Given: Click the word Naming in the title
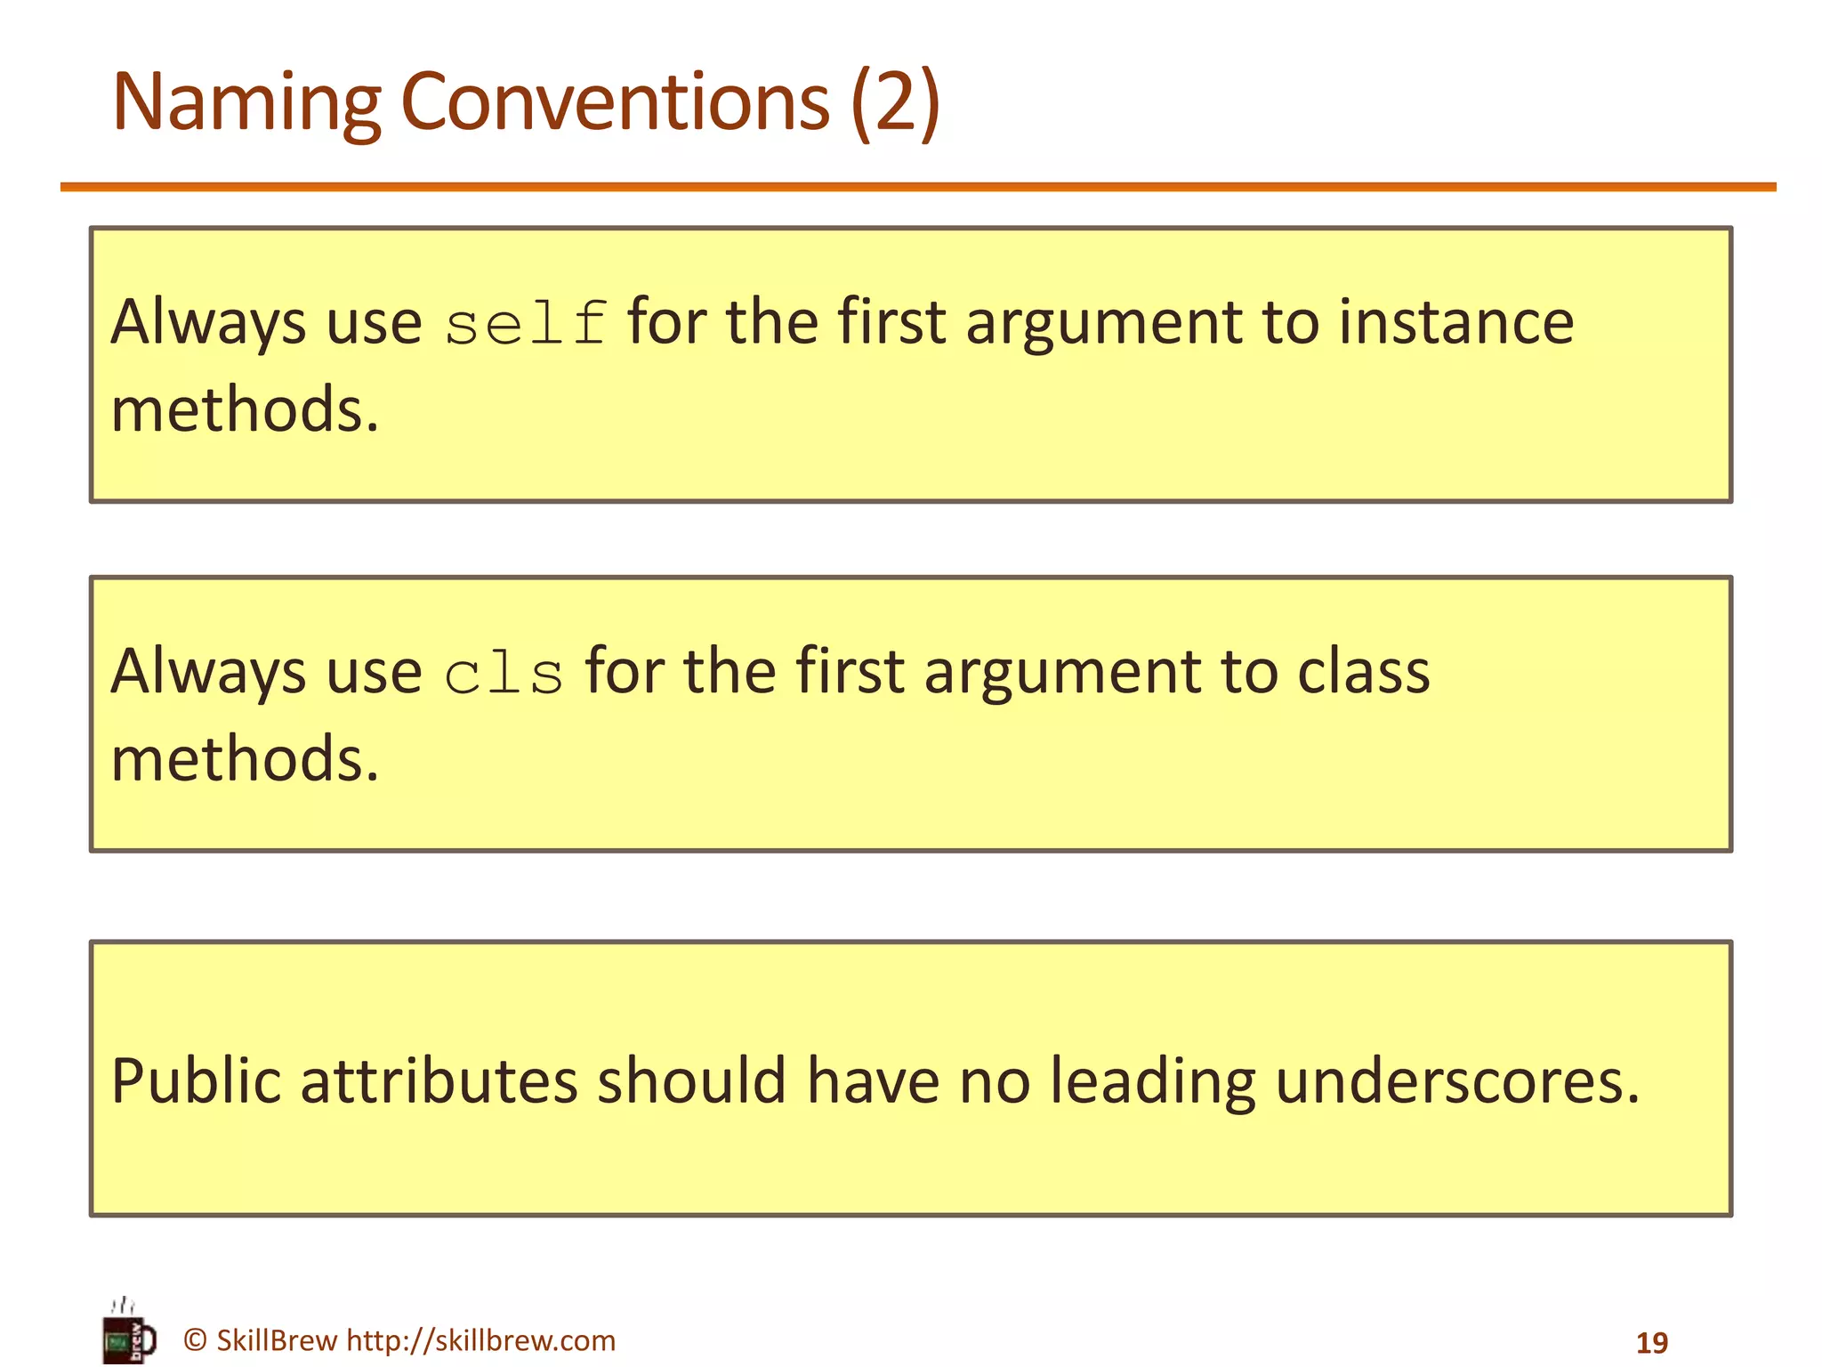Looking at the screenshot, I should coord(246,103).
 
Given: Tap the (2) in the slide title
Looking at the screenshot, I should coord(895,103).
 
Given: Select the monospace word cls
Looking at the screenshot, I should coord(504,674).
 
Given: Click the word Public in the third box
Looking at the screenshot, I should coord(196,1081).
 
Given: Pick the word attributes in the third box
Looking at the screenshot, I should coord(439,1081).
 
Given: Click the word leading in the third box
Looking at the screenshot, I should coord(1152,1083).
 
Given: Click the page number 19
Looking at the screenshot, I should coord(1652,1342).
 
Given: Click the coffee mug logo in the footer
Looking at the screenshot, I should coord(128,1334).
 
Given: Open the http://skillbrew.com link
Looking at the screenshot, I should coord(480,1340).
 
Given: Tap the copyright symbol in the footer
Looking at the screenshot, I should coord(195,1340).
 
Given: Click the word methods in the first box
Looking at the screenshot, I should coord(245,409).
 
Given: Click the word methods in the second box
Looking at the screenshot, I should coord(245,759).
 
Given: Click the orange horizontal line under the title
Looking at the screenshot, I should coord(916,187).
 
